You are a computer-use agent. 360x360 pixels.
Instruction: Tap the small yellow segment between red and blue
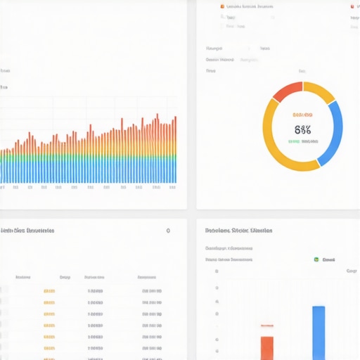tap(319, 92)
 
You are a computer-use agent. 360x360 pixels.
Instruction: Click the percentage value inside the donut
tap(302, 129)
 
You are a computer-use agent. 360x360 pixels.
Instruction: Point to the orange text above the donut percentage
tap(302, 114)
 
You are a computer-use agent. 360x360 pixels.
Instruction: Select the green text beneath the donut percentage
tap(302, 141)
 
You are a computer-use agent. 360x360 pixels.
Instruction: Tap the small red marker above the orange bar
tap(267, 326)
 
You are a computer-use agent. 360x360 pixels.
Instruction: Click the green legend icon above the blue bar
tap(316, 259)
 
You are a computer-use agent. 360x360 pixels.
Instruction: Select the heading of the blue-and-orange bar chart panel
tap(239, 231)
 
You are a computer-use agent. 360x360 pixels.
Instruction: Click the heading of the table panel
tap(28, 231)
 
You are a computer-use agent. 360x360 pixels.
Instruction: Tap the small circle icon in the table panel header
tap(167, 231)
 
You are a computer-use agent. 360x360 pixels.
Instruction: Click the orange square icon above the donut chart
tap(222, 6)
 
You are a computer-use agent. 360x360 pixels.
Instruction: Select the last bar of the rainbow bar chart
tap(175, 151)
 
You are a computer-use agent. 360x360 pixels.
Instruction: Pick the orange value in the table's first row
tap(49, 290)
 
